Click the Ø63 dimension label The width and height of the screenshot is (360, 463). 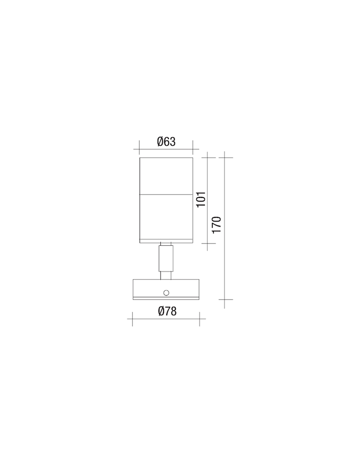tap(167, 142)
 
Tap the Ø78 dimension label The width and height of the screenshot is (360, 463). tap(168, 311)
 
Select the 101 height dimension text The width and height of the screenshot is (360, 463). tap(201, 199)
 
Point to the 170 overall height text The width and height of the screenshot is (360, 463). tap(217, 225)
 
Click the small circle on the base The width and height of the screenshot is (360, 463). tap(166, 293)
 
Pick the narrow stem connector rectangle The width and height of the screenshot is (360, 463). tap(166, 258)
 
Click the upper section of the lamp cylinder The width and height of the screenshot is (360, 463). tap(166, 176)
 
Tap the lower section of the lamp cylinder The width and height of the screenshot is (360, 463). tap(166, 217)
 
